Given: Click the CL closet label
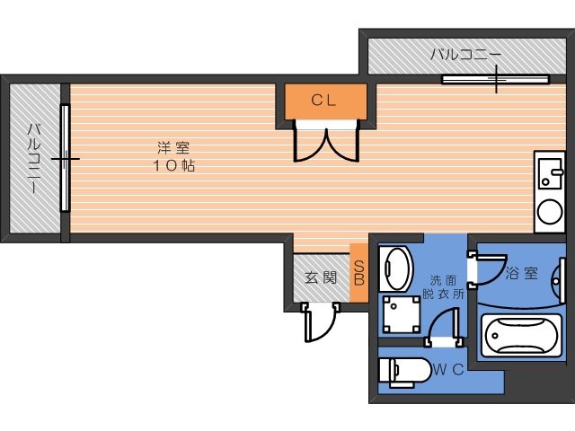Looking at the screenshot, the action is [x=323, y=100].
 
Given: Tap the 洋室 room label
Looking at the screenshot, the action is [x=173, y=148].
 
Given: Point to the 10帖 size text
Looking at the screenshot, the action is [x=173, y=166].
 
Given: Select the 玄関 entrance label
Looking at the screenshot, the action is [x=321, y=277].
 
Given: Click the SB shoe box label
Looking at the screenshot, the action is [x=359, y=273].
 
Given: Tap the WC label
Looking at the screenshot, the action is [x=449, y=369].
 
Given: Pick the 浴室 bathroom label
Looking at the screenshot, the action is [x=522, y=273].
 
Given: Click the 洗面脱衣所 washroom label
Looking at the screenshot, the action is [x=443, y=287].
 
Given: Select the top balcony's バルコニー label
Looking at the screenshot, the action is [x=465, y=55].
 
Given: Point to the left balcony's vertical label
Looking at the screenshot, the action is [x=35, y=158].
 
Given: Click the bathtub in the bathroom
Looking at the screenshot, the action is [x=521, y=335].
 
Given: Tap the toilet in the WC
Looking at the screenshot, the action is [x=404, y=373].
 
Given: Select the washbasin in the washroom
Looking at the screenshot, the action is [x=396, y=268].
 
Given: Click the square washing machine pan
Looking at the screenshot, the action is [x=402, y=314].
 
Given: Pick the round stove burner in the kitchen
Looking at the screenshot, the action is [x=550, y=211].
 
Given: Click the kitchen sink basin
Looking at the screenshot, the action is [x=550, y=173].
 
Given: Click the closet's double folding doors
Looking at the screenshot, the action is [x=326, y=143].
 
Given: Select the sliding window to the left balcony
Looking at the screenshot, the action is [x=65, y=158].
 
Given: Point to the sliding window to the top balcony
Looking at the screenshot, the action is [x=495, y=79].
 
